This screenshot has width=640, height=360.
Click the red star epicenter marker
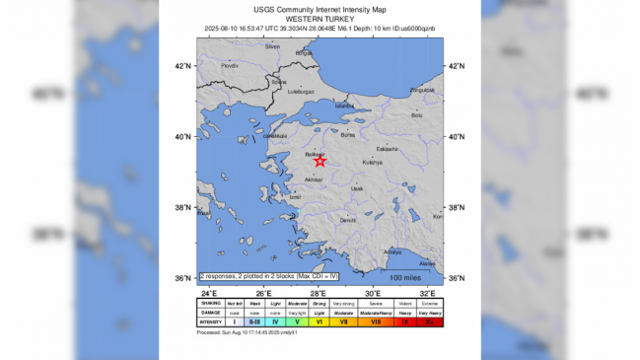pyautogui.click(x=320, y=161)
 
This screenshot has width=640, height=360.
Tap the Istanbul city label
pyautogui.click(x=343, y=106)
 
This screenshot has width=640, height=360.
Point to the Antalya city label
pyautogui.click(x=392, y=252)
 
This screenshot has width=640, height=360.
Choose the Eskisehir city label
pyautogui.click(x=387, y=149)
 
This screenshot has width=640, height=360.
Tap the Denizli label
pyautogui.click(x=348, y=221)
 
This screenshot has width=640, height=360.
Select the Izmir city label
pyautogui.click(x=294, y=196)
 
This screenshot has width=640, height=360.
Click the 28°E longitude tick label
pyautogui.click(x=319, y=294)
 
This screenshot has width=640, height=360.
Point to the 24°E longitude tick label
pyautogui.click(x=208, y=294)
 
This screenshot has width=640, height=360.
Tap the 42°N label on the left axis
pyautogui.click(x=182, y=66)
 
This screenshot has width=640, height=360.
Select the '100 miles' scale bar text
pyautogui.click(x=405, y=278)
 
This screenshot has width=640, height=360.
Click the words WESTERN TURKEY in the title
pyautogui.click(x=320, y=19)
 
